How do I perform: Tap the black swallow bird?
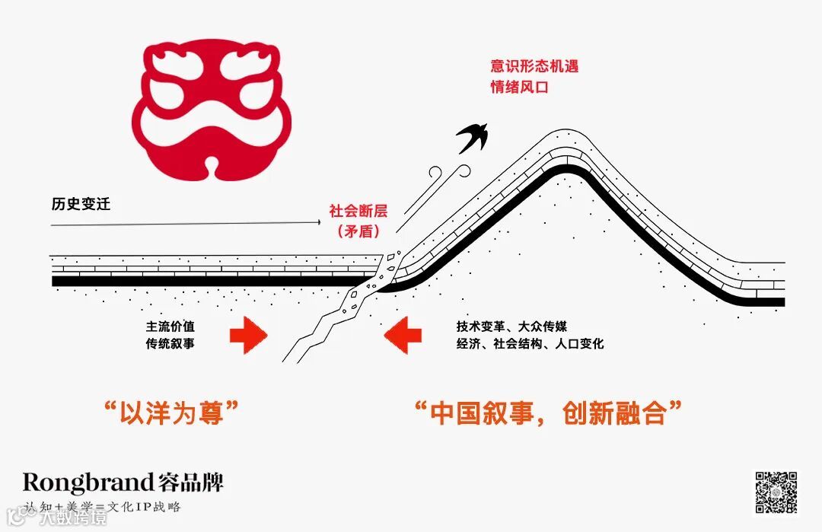[x=473, y=136]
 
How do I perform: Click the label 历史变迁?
[x=81, y=204]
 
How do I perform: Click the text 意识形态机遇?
[x=534, y=66]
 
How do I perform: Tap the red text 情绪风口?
[x=519, y=87]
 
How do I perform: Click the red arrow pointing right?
[x=248, y=336]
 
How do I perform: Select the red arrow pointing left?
[x=403, y=336]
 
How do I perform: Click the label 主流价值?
[x=170, y=326]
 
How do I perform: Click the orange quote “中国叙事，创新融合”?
[x=547, y=414]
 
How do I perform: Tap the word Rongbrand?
[x=88, y=482]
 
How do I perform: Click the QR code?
[x=776, y=492]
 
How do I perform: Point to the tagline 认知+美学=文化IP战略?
[x=102, y=506]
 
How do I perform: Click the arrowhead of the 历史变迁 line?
[x=317, y=222]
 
